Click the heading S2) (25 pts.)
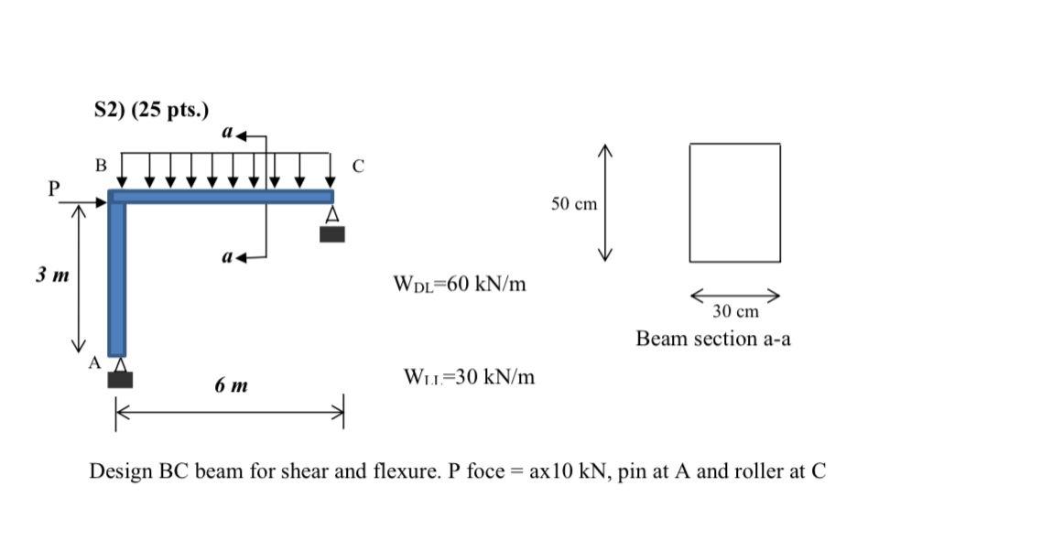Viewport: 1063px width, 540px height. coord(151,111)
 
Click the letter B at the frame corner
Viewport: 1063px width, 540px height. coord(101,166)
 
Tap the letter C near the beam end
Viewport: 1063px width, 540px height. coord(358,167)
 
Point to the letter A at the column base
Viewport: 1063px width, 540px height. coord(93,362)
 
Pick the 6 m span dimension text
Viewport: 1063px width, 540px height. coord(232,386)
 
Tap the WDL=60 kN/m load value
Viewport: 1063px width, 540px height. coord(459,284)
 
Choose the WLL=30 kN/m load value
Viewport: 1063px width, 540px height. coord(468,376)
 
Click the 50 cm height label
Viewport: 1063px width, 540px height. coord(574,203)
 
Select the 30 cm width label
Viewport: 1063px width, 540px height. coord(735,311)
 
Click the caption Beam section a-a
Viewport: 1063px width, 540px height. coord(713,339)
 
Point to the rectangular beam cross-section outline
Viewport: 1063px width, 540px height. coord(735,202)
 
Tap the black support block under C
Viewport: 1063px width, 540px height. coord(332,233)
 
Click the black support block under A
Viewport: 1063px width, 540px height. coord(120,380)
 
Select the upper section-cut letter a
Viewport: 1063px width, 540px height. coord(227,133)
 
